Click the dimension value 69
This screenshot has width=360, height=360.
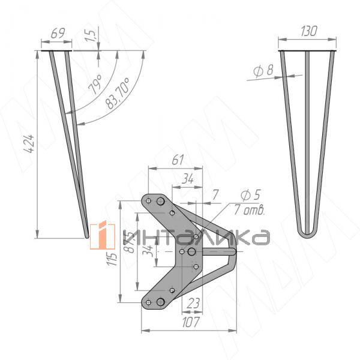point(58,34)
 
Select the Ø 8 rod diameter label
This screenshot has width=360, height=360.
point(263,71)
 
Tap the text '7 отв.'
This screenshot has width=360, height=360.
point(251,210)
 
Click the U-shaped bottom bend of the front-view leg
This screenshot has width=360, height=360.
point(308,232)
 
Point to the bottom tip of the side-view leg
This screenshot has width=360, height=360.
point(87,236)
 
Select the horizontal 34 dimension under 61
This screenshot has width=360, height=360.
point(188,178)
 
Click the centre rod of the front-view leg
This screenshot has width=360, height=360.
point(308,132)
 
